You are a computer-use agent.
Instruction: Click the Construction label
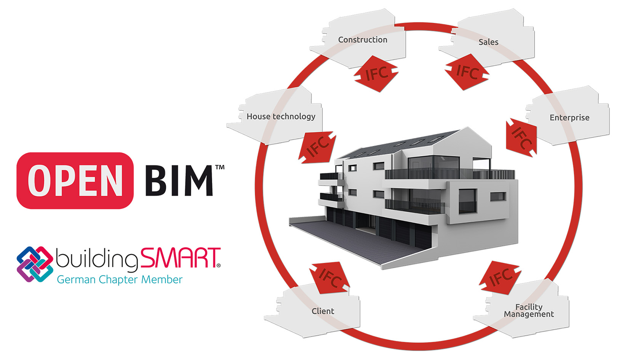(x=362, y=40)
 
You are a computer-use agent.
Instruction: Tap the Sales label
(x=488, y=42)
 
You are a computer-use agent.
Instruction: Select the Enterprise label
(x=569, y=118)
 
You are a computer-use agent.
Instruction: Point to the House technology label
(x=281, y=117)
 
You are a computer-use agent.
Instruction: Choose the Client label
(x=323, y=311)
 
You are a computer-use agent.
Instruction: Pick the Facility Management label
(x=529, y=310)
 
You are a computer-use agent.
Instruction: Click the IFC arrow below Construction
(x=376, y=74)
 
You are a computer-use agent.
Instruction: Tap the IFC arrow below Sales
(x=467, y=72)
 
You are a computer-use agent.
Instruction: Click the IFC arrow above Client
(x=330, y=277)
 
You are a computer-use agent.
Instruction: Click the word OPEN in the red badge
(x=75, y=181)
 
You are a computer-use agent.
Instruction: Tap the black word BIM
(x=178, y=181)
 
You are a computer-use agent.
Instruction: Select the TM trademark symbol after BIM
(x=220, y=167)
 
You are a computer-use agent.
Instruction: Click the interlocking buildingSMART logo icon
(x=35, y=264)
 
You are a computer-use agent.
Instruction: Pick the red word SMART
(x=180, y=258)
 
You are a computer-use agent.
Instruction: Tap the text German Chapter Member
(x=120, y=280)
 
